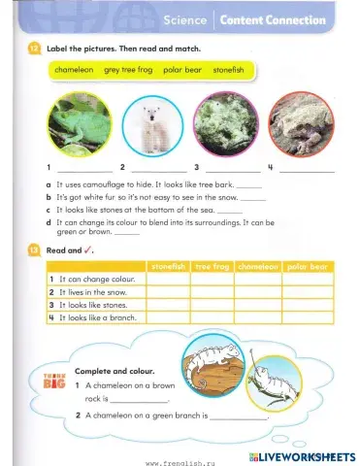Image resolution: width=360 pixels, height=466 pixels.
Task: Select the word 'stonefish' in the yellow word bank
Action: [x=228, y=71]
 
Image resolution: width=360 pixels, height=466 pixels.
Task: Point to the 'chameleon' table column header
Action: [x=257, y=266]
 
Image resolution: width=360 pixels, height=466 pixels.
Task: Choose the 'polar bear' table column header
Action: [x=308, y=266]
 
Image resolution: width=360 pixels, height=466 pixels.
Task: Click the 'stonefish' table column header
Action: [x=167, y=266]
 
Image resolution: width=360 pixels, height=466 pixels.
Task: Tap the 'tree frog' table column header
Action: [x=212, y=266]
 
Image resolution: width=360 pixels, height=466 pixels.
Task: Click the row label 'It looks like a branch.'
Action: [x=93, y=317]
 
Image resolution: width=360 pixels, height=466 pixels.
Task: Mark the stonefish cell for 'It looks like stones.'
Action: [x=167, y=305]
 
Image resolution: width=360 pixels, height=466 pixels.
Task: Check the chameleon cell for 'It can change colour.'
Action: [x=257, y=279]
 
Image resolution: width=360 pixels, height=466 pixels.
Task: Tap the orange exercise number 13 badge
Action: [x=34, y=250]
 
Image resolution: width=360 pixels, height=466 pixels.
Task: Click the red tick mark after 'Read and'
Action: [x=88, y=250]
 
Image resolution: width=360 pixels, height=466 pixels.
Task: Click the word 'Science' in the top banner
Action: [x=185, y=19]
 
